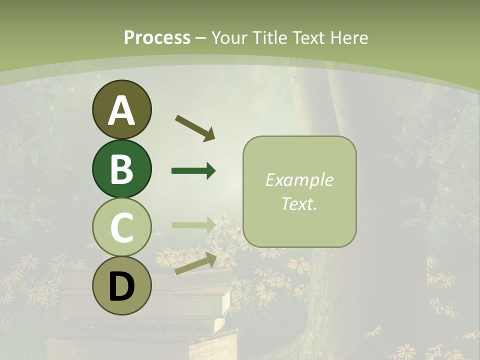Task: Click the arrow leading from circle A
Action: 195,127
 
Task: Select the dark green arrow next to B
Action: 193,171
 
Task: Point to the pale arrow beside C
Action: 193,225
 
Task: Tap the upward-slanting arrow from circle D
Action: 195,263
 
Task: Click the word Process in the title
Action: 157,37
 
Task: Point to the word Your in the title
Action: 229,37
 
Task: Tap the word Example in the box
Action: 299,180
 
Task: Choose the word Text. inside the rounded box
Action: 299,203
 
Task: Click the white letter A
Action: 121,110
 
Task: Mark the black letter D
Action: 121,287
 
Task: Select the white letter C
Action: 121,228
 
